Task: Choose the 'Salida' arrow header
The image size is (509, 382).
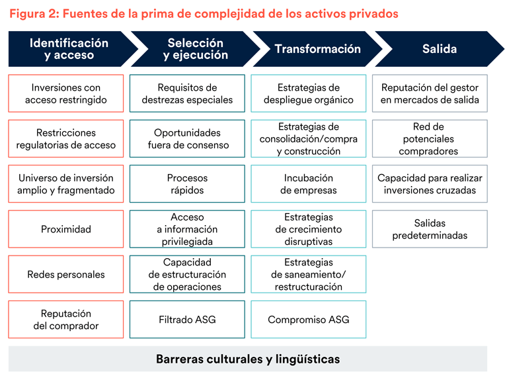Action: click(438, 49)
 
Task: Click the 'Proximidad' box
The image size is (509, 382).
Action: click(66, 229)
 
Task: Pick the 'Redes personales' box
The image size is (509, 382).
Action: click(66, 274)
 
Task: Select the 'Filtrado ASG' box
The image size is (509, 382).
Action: click(187, 320)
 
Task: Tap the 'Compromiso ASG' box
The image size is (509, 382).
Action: click(308, 320)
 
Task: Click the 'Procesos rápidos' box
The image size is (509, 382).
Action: click(187, 184)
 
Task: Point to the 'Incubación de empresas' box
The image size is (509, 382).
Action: click(308, 184)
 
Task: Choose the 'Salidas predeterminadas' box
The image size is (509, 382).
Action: click(430, 229)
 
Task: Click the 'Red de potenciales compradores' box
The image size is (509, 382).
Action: click(430, 139)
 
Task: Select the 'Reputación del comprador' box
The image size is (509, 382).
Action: click(66, 320)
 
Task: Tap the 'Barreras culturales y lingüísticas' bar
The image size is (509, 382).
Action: click(248, 359)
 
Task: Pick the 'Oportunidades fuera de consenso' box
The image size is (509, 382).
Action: click(187, 139)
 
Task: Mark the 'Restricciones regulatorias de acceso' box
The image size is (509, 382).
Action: click(66, 139)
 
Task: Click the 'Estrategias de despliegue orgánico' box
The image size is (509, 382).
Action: click(308, 93)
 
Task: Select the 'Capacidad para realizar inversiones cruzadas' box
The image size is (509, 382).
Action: click(430, 184)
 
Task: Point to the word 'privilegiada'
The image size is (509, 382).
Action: click(187, 242)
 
